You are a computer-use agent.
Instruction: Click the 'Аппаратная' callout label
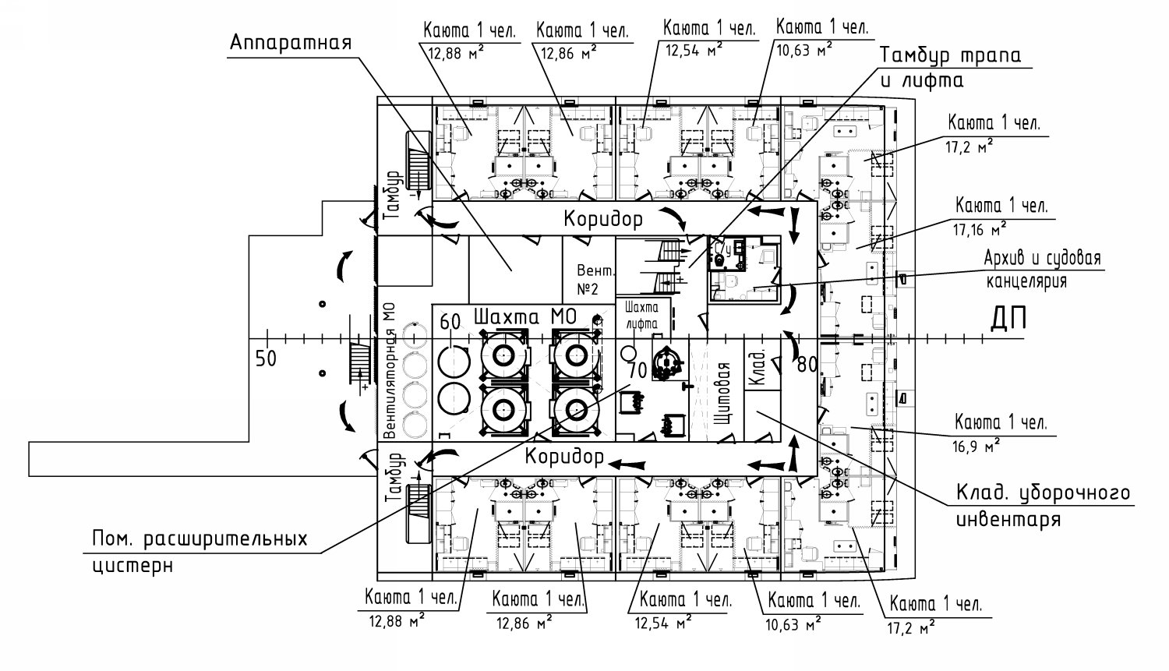(291, 43)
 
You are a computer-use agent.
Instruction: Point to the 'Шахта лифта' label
(641, 315)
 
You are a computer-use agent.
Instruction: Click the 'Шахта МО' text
(525, 316)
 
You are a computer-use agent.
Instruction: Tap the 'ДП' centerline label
(1008, 319)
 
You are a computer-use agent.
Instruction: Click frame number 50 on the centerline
(266, 358)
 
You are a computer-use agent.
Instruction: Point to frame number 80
(807, 365)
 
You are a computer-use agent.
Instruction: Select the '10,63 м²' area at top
(804, 50)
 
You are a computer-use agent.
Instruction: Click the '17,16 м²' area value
(979, 228)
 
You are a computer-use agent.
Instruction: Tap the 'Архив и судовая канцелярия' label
(1043, 270)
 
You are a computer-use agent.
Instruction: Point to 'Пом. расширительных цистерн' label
(200, 552)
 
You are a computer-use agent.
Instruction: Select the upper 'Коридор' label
(603, 219)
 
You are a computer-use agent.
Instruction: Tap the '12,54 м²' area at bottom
(663, 622)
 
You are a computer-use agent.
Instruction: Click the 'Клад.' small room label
(758, 367)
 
